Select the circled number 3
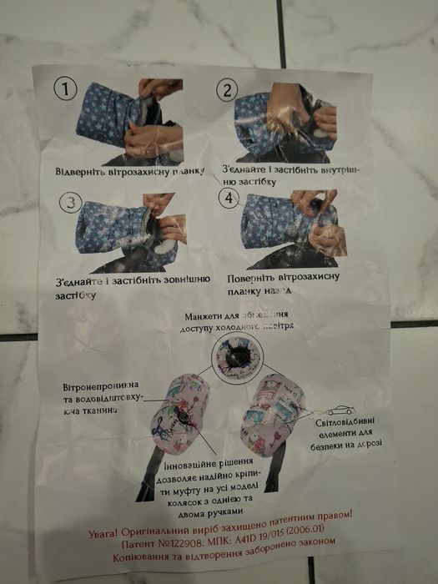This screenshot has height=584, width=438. click(x=73, y=203)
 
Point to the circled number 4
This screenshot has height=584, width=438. click(x=228, y=199)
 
